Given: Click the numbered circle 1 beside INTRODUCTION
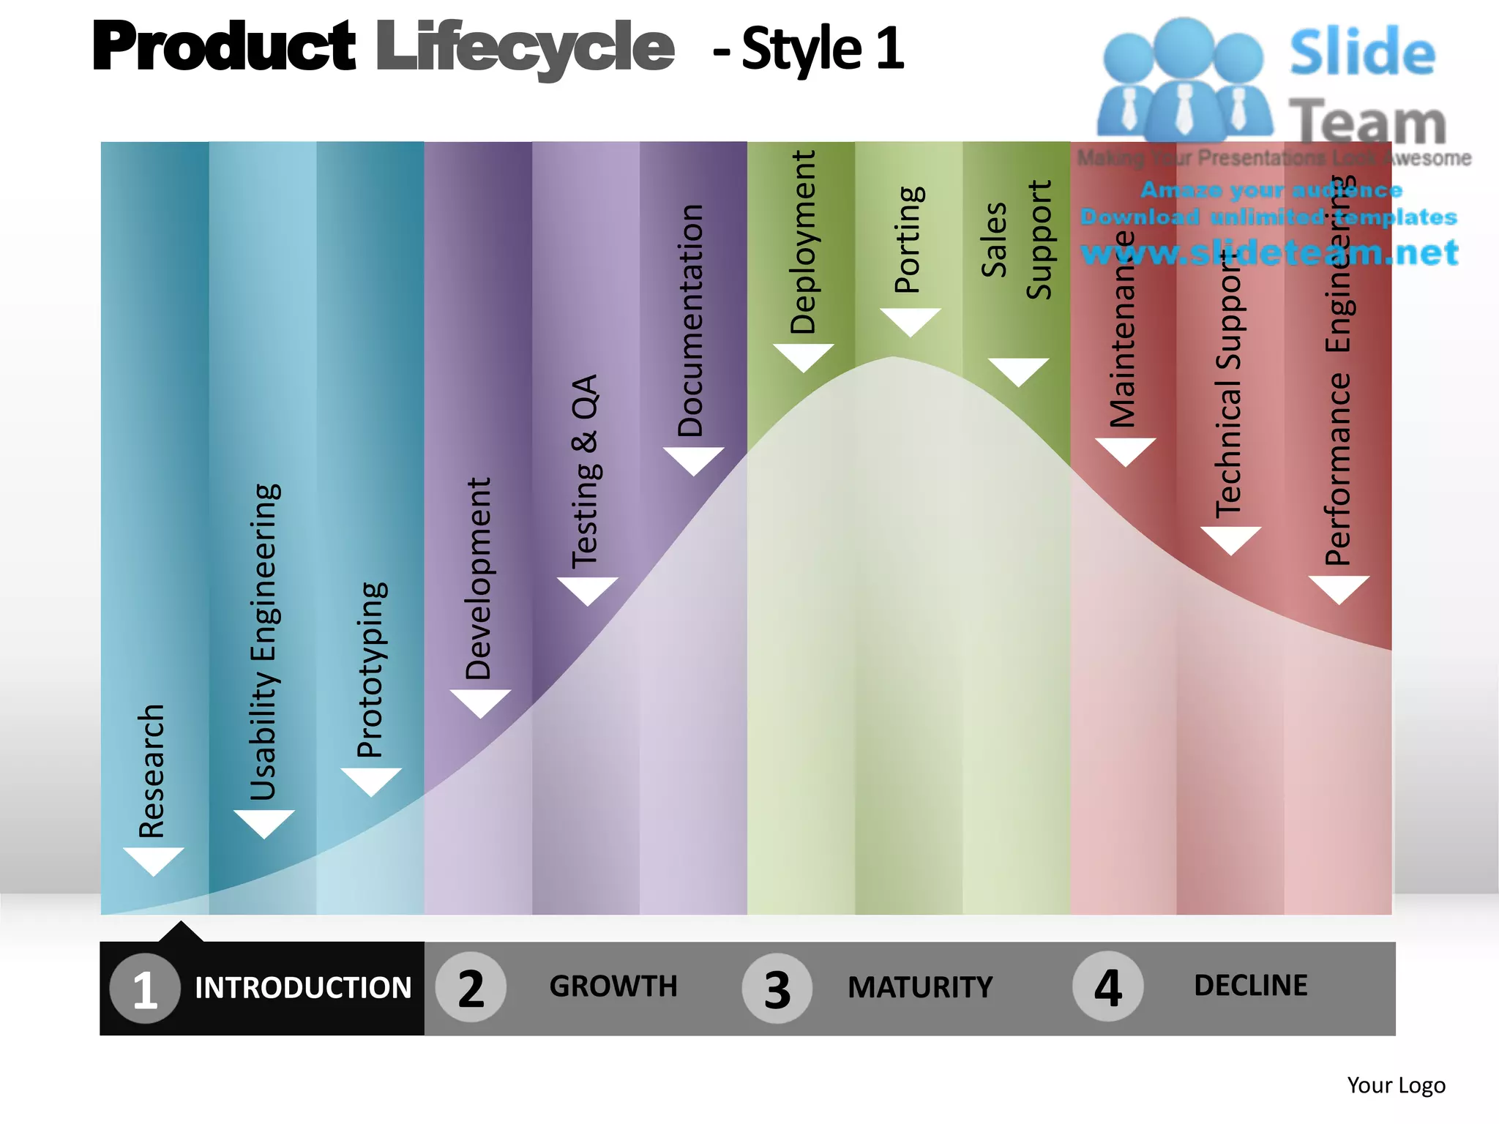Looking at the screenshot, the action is click(145, 988).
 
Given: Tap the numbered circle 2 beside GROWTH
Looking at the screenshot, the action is click(471, 987).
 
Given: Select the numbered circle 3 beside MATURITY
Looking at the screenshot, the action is click(777, 988).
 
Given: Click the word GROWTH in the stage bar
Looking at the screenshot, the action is click(613, 986).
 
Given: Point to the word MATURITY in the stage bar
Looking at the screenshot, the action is click(920, 988).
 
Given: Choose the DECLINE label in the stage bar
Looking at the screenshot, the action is click(1251, 986).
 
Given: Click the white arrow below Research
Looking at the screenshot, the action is click(154, 860).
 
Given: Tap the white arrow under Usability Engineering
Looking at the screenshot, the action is click(264, 823).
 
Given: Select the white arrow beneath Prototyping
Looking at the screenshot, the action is click(371, 780).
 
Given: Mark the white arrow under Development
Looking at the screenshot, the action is click(480, 702).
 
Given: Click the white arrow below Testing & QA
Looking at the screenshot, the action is click(588, 590).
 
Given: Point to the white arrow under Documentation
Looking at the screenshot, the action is click(694, 460).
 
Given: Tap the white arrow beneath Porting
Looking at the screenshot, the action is click(910, 321).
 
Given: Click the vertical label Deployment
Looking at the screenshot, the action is click(803, 242).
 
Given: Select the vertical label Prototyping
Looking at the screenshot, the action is click(370, 670).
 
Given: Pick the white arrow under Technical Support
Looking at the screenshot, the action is click(1230, 539).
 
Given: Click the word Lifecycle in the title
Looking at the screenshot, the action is click(525, 48).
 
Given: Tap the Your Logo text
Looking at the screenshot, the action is click(1396, 1085).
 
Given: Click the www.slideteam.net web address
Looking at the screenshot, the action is click(1269, 252).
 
